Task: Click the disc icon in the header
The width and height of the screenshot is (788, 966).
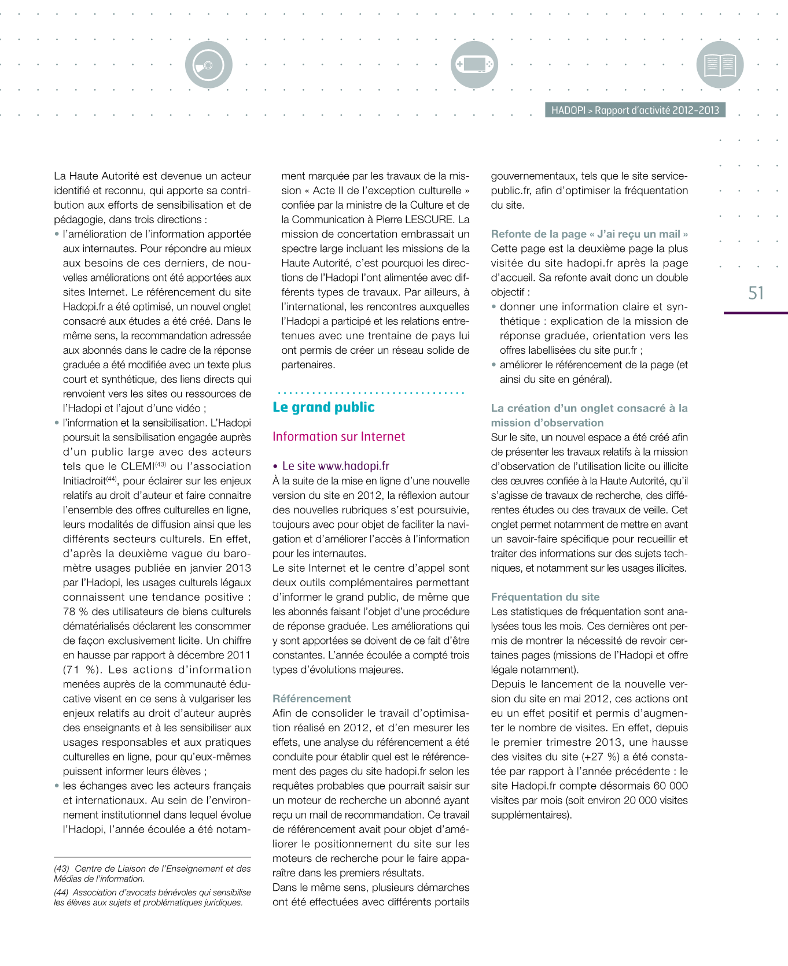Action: tap(208, 65)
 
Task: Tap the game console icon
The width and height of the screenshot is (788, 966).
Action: tap(474, 64)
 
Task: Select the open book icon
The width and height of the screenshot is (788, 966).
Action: tap(720, 65)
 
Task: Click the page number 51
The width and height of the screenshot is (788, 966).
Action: tap(756, 293)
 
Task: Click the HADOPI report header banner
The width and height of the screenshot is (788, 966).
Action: tap(635, 110)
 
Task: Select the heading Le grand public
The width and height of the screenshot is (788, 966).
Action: tap(323, 408)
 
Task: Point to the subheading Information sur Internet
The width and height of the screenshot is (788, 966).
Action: tap(338, 436)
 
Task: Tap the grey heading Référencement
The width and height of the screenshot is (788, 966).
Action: tap(312, 698)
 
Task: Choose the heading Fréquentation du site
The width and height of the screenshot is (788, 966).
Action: tap(545, 597)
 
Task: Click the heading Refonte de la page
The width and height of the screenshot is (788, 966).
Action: tap(589, 234)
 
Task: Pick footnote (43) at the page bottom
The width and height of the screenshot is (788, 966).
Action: tap(152, 874)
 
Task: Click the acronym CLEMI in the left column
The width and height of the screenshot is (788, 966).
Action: tap(137, 467)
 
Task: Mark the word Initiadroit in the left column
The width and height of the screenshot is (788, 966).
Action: tap(84, 481)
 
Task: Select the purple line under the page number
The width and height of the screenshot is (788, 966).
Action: tap(756, 313)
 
